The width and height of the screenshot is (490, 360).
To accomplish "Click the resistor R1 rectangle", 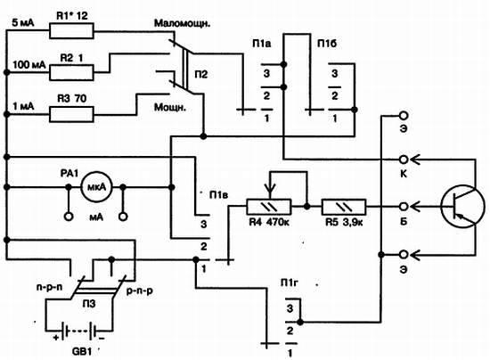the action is pyautogui.click(x=71, y=31).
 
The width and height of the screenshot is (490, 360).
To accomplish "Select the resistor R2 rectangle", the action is pyautogui.click(x=71, y=72).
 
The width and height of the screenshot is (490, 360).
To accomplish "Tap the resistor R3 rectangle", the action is pyautogui.click(x=71, y=114).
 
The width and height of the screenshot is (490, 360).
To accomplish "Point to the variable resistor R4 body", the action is pyautogui.click(x=269, y=207).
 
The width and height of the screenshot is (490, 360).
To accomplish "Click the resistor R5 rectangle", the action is pyautogui.click(x=344, y=207).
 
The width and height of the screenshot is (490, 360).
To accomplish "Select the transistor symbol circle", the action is pyautogui.click(x=462, y=207).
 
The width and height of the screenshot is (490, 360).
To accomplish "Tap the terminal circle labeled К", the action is pyautogui.click(x=404, y=160).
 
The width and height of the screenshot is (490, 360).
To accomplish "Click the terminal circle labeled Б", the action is pyautogui.click(x=404, y=207).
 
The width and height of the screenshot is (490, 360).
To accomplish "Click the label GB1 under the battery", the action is pyautogui.click(x=82, y=352).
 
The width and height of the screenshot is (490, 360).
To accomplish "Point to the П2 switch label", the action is pyautogui.click(x=201, y=74).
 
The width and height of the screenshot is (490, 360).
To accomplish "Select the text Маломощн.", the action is pyautogui.click(x=182, y=24).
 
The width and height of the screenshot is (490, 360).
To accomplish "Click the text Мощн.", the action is pyautogui.click(x=169, y=108).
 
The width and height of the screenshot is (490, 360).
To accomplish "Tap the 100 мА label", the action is pyautogui.click(x=29, y=65).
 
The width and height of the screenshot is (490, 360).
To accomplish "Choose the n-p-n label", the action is pyautogui.click(x=49, y=287).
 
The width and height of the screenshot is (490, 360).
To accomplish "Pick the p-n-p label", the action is pyautogui.click(x=140, y=291).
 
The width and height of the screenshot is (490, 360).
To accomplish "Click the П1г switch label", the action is pyautogui.click(x=290, y=283).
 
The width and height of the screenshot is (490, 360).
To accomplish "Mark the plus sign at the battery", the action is pyautogui.click(x=56, y=338).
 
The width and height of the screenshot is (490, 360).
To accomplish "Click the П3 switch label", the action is pyautogui.click(x=89, y=304).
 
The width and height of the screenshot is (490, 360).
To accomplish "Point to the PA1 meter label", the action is pyautogui.click(x=69, y=174).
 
